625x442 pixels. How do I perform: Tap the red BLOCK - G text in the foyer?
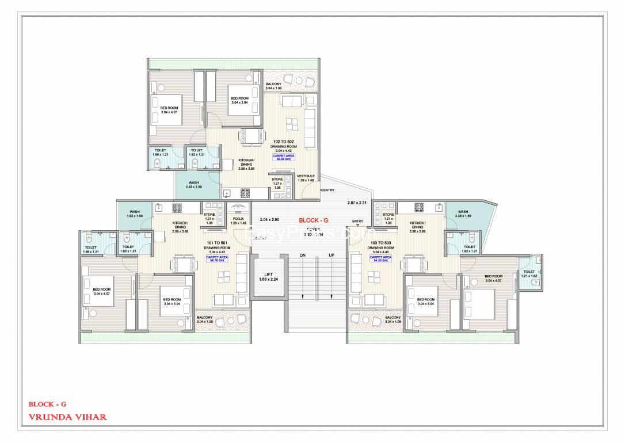[x=314, y=220]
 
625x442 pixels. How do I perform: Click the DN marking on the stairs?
[x=302, y=255]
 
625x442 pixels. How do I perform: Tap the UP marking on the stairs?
[x=331, y=255]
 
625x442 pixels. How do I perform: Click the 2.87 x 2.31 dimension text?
[x=357, y=203]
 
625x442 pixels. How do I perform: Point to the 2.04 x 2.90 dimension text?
[x=269, y=220]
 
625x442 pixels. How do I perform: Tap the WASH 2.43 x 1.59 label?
[x=193, y=184]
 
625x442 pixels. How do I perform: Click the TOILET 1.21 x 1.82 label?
[x=529, y=273]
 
